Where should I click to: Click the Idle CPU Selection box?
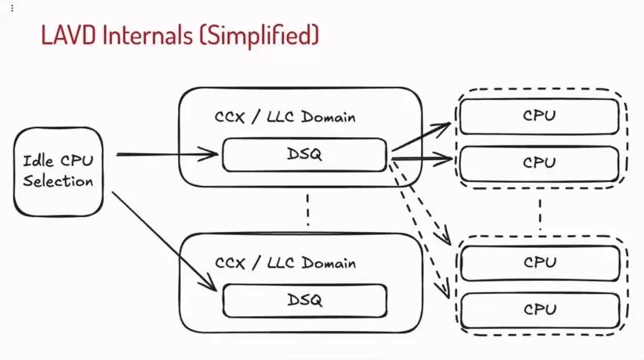pyautogui.click(x=58, y=171)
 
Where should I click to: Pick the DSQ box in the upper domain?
pyautogui.click(x=305, y=155)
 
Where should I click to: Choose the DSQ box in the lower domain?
pyautogui.click(x=305, y=301)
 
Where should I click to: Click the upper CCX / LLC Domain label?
pyautogui.click(x=285, y=117)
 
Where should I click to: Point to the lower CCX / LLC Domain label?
pyautogui.click(x=285, y=263)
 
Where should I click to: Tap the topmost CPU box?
pyautogui.click(x=540, y=116)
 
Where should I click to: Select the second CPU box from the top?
pyautogui.click(x=540, y=163)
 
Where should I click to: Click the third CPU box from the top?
pyautogui.click(x=540, y=262)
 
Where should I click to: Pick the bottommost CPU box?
pyautogui.click(x=540, y=310)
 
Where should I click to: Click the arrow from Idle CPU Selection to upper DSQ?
pyautogui.click(x=167, y=155)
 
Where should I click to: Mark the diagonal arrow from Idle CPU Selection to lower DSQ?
pyautogui.click(x=163, y=241)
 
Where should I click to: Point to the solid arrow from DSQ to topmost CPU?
pyautogui.click(x=421, y=137)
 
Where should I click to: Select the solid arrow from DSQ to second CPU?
pyautogui.click(x=421, y=157)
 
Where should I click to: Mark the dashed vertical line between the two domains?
pyautogui.click(x=306, y=210)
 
